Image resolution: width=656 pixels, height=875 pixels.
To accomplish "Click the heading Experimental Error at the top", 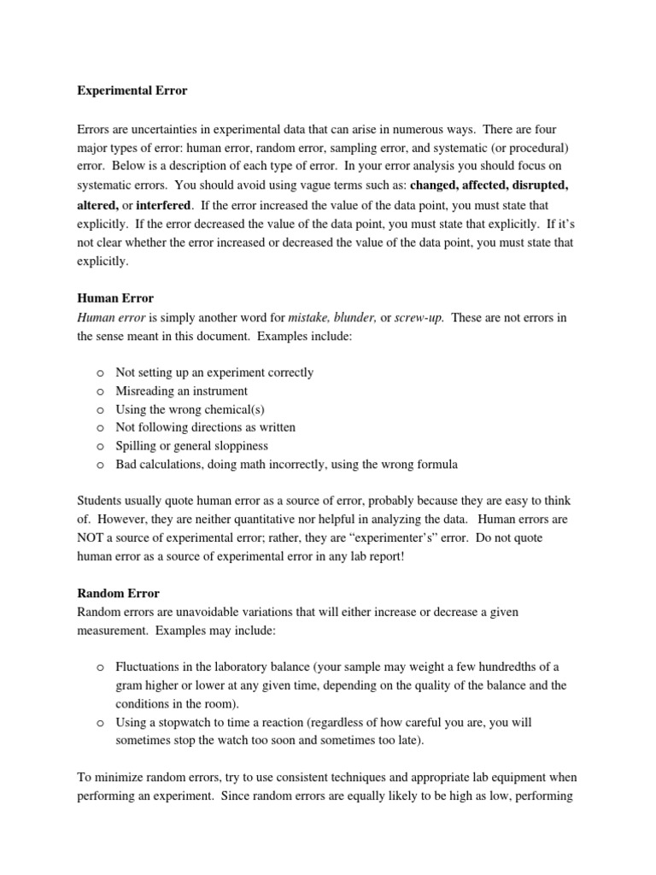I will pos(132,90).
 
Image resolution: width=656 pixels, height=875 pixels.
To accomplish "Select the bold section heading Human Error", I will pos(115,298).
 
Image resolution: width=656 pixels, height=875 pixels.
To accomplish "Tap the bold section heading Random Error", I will pos(118,592).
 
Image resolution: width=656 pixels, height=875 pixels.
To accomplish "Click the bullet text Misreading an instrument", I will pos(181,391).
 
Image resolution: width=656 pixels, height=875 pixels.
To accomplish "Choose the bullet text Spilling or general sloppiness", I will pos(191,446).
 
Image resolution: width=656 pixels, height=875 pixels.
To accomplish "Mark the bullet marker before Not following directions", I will pos(100,428).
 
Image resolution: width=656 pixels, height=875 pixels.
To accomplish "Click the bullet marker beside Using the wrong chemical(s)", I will pos(100,410).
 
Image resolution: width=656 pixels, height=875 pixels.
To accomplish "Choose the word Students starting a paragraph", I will pos(101,501).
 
